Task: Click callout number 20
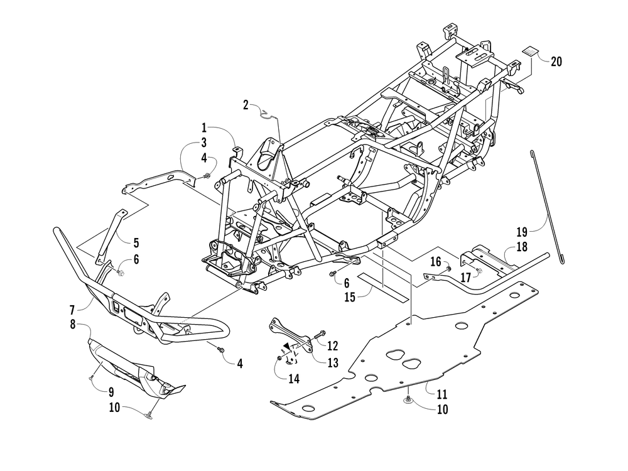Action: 556,62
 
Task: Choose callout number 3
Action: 204,142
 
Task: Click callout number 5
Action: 136,241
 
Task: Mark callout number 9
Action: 111,391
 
